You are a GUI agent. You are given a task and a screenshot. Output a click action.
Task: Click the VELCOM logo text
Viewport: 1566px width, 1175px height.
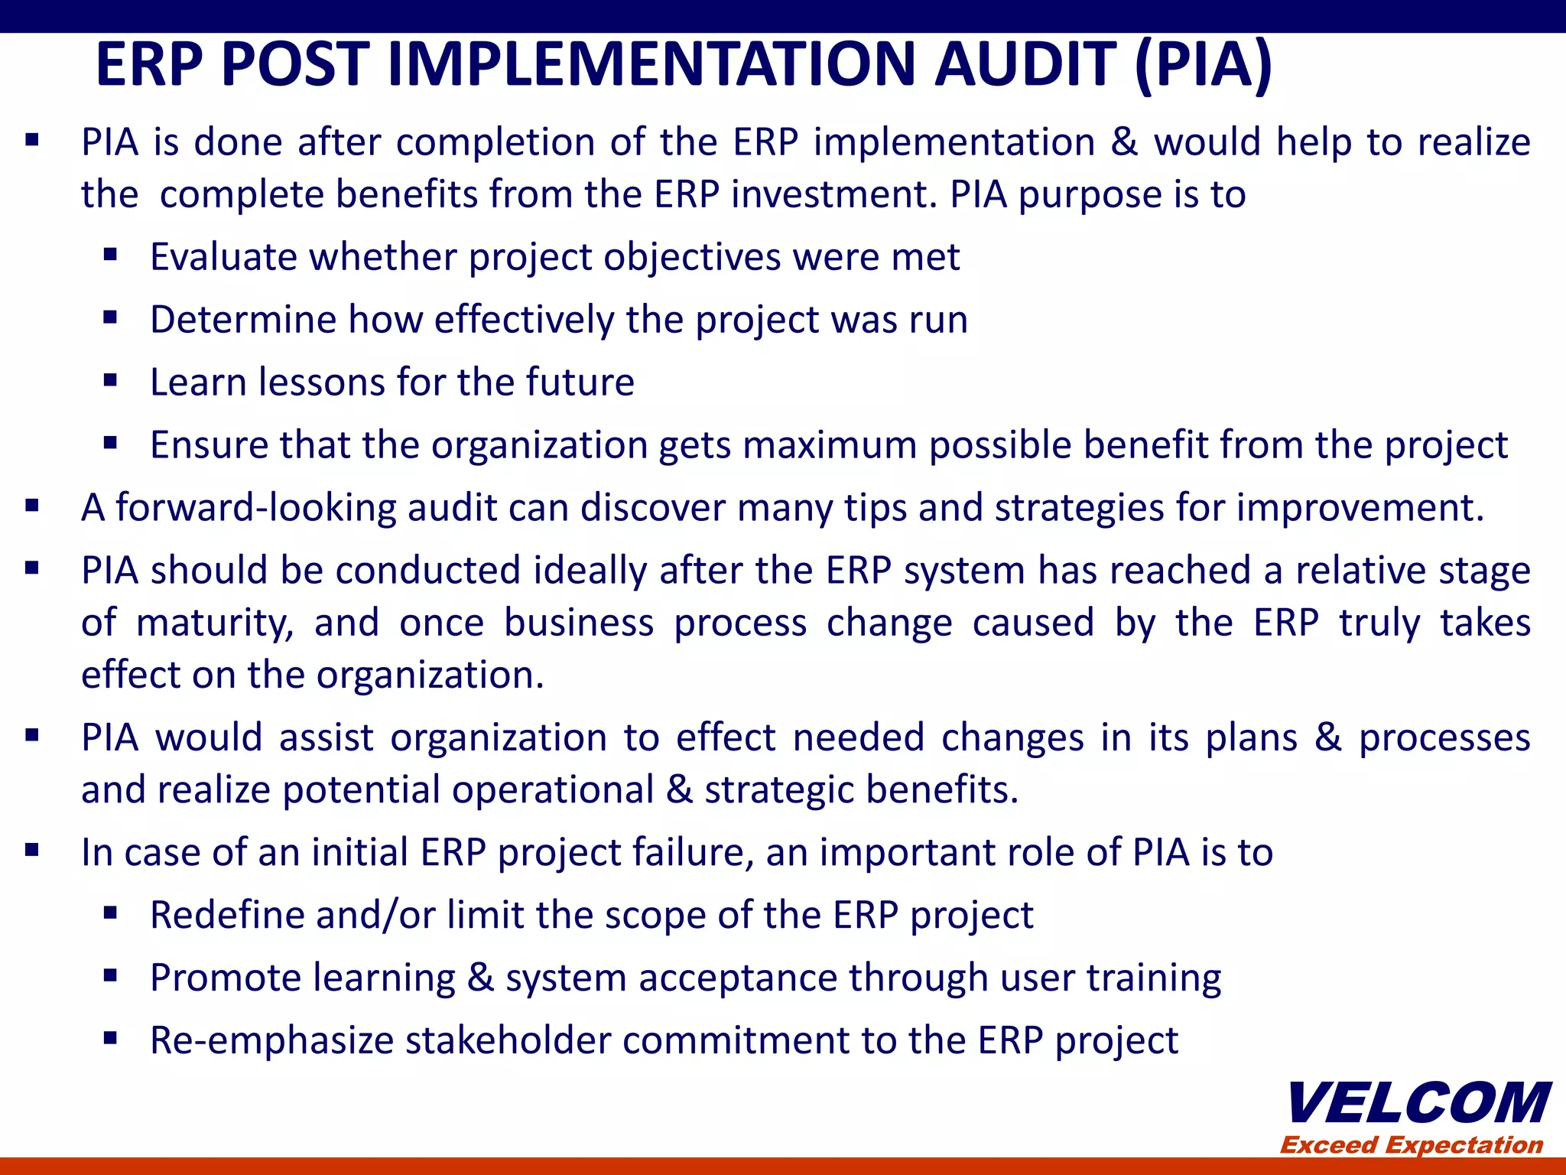coord(1419,1104)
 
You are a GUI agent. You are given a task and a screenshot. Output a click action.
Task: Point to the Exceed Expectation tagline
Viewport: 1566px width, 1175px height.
coord(1412,1145)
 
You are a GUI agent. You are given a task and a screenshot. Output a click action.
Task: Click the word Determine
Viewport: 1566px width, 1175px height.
coord(243,320)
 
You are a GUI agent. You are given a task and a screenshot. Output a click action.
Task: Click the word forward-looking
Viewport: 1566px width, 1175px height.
coord(256,508)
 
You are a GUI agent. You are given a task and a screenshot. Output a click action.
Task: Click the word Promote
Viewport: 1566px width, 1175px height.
coord(226,978)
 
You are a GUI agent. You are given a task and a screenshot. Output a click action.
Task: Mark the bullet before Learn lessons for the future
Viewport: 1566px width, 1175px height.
coord(110,380)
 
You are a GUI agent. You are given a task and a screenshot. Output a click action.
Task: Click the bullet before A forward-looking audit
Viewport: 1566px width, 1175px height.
coord(31,506)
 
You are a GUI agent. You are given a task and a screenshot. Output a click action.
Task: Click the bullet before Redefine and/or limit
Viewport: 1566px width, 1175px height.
coord(110,913)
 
